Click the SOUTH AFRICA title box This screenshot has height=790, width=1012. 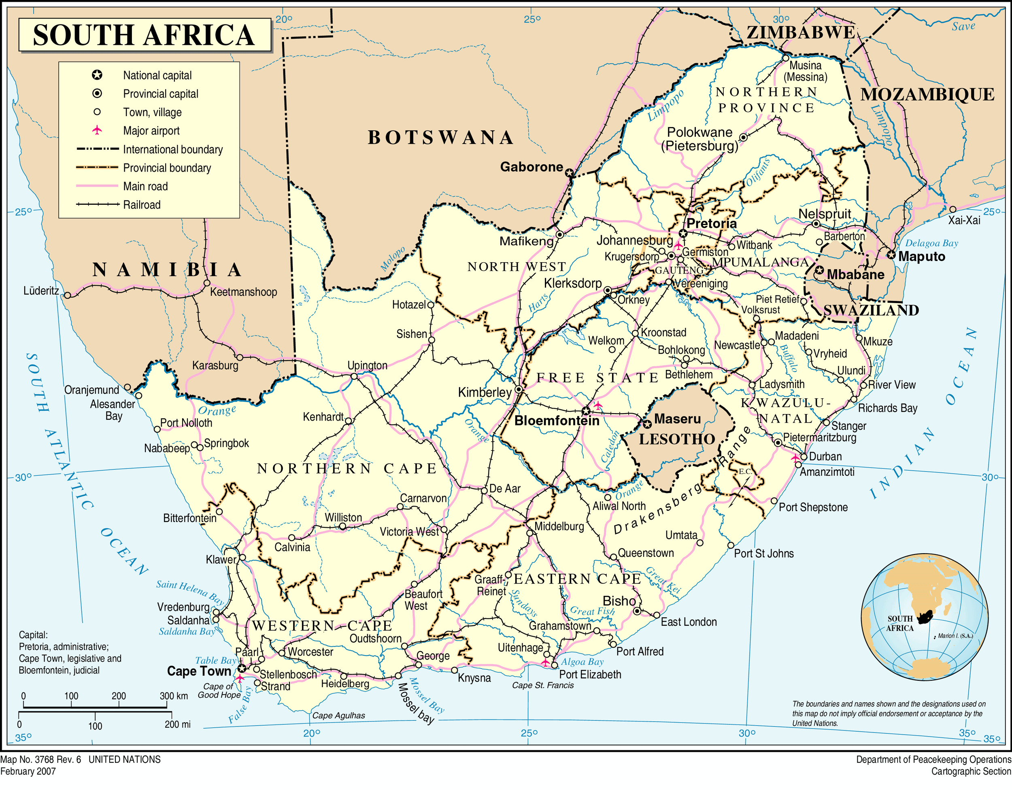pyautogui.click(x=145, y=35)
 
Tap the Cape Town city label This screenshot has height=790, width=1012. pyautogui.click(x=199, y=671)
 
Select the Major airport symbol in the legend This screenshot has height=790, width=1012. pyautogui.click(x=97, y=130)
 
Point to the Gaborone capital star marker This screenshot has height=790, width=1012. pyautogui.click(x=569, y=173)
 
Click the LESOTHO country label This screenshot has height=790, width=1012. pyautogui.click(x=677, y=439)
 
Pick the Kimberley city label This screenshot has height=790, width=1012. pyautogui.click(x=484, y=393)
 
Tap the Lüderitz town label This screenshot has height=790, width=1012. pyautogui.click(x=41, y=291)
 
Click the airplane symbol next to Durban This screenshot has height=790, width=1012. pyautogui.click(x=795, y=458)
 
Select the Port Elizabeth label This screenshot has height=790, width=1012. pyautogui.click(x=590, y=674)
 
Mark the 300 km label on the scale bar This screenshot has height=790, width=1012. pyautogui.click(x=174, y=696)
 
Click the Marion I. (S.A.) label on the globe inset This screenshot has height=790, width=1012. pyautogui.click(x=955, y=636)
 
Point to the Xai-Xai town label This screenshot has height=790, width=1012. pyautogui.click(x=964, y=220)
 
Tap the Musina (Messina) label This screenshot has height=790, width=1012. pyautogui.click(x=805, y=71)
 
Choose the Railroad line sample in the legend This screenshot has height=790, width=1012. pyautogui.click(x=97, y=204)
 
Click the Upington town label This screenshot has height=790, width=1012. pyautogui.click(x=367, y=365)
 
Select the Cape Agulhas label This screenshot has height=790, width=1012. pyautogui.click(x=338, y=716)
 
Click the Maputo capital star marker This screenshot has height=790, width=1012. pyautogui.click(x=891, y=255)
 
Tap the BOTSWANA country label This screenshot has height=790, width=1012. pyautogui.click(x=441, y=138)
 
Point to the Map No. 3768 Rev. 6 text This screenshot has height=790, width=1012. pyautogui.click(x=41, y=759)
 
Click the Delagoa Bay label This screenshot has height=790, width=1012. pyautogui.click(x=931, y=243)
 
